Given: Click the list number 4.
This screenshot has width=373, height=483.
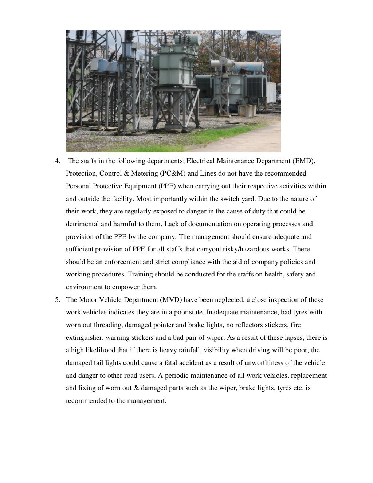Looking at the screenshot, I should coord(57,161).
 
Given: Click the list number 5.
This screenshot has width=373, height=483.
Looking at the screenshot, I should coord(57,300).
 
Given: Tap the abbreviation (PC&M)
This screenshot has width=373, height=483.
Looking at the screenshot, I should coord(173,173).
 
